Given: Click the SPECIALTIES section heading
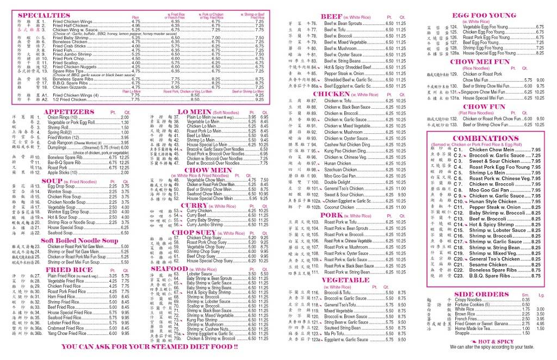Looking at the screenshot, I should click(x=44, y=15).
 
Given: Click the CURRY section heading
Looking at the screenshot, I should click(x=194, y=206).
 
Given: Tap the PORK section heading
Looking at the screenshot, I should click(x=332, y=215).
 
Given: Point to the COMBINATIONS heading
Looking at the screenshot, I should click(x=482, y=138).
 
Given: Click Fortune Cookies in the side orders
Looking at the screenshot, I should click(x=471, y=305).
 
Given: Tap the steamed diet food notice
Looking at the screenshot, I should click(x=150, y=346).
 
